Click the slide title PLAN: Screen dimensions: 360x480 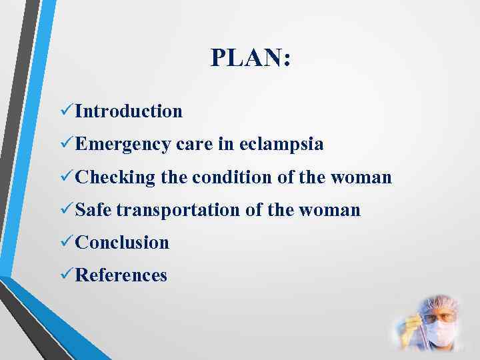tap(250, 58)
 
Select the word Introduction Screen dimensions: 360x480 tap(129, 111)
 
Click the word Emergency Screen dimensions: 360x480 tap(124, 145)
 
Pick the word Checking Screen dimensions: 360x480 tap(115, 178)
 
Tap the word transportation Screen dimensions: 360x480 tap(177, 211)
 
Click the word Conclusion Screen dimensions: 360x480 tap(123, 243)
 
